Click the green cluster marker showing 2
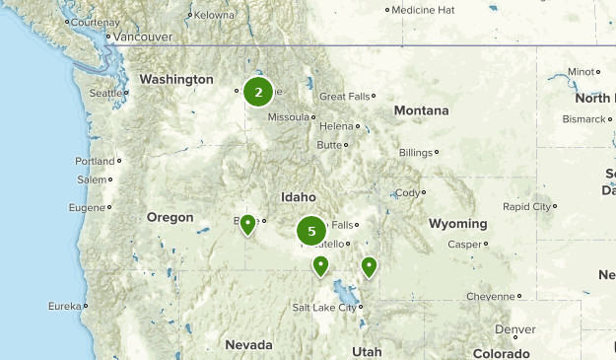coord(258,93)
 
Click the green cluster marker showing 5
coord(311,232)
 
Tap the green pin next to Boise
coord(247,224)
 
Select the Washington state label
coord(176,79)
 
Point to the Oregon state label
coord(171,217)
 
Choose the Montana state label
coord(421,110)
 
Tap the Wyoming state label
coord(458,224)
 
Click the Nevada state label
coord(248,344)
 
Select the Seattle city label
coord(105,94)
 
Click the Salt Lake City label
coord(323,308)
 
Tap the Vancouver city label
coord(142,36)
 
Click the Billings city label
coord(415,153)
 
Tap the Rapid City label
coord(527,207)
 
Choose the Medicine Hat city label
coord(423,10)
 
